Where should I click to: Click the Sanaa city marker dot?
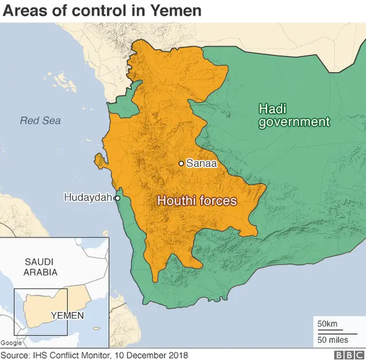click(181, 163)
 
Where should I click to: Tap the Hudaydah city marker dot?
click(117, 198)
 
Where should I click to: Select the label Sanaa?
click(201, 163)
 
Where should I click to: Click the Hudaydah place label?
click(88, 198)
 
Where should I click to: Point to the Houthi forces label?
click(197, 201)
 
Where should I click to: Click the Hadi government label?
click(294, 115)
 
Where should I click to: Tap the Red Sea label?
click(40, 121)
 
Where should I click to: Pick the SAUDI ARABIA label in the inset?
click(41, 267)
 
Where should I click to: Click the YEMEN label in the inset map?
click(67, 315)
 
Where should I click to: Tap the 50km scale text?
click(328, 324)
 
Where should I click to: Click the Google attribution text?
click(11, 343)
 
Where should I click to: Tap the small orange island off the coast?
click(100, 161)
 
